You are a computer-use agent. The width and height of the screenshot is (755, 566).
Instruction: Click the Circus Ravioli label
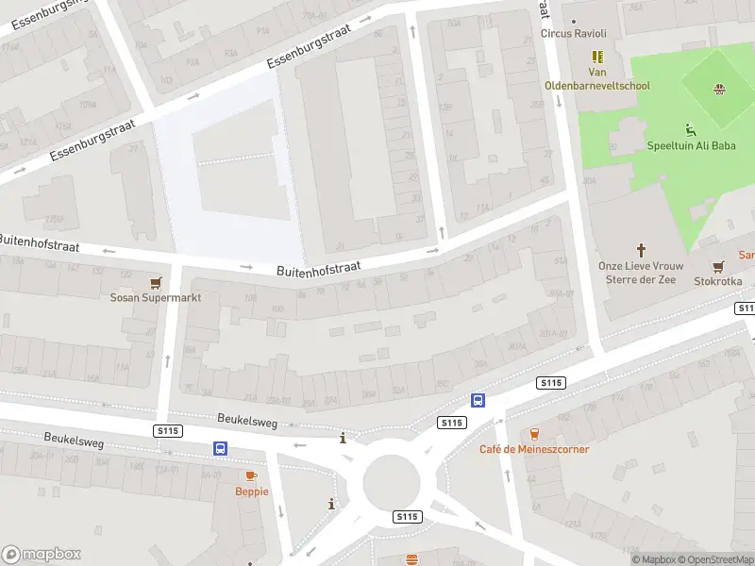[x=573, y=34]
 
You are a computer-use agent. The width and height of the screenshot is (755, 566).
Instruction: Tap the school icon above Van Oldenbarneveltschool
[x=597, y=57]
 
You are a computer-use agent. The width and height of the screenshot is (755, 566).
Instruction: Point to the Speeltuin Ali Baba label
[x=691, y=145]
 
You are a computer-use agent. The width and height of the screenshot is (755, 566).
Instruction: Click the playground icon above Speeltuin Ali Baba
[x=691, y=129]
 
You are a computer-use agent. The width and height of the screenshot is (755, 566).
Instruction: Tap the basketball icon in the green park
[x=719, y=90]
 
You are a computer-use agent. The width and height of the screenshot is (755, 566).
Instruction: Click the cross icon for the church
[x=642, y=250]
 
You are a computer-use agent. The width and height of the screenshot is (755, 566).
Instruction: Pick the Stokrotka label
[x=718, y=281]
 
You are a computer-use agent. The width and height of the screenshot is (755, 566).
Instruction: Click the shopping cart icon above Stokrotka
[x=718, y=266]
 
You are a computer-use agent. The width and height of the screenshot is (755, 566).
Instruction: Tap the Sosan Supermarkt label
[x=156, y=297]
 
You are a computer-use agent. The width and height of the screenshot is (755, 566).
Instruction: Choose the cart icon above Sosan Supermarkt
[x=156, y=281]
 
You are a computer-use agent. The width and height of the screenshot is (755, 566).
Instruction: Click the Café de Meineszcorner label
[x=534, y=449]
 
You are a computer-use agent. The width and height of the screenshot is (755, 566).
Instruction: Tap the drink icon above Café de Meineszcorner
[x=534, y=434]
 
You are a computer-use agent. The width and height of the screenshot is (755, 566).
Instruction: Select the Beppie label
[x=252, y=491]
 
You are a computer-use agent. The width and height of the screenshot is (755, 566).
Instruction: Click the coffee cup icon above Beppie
[x=251, y=475]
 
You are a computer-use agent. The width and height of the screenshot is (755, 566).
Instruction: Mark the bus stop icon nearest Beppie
[x=221, y=449]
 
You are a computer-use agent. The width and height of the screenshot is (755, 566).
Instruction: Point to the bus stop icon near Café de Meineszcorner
[x=478, y=400]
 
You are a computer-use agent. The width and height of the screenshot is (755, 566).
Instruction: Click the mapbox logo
[x=42, y=555]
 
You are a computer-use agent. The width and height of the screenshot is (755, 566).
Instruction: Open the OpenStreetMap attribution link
[x=715, y=559]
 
